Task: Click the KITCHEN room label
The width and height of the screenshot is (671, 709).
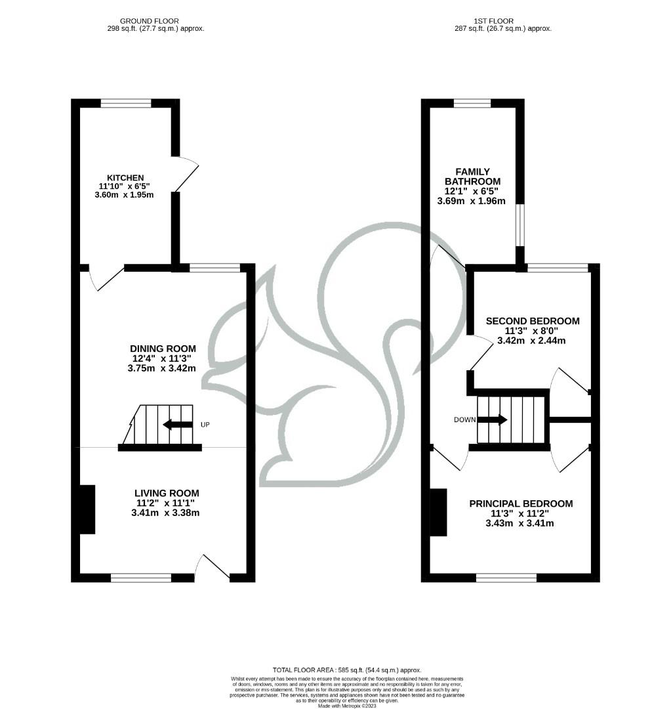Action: [x=125, y=178]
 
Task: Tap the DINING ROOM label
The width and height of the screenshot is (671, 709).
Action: [x=162, y=349]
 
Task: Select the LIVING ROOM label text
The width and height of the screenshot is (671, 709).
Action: [x=166, y=493]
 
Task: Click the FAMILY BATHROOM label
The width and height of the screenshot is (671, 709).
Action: [x=472, y=177]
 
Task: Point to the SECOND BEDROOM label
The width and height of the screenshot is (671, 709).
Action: [x=532, y=321]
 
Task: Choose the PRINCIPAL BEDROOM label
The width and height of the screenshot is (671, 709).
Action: [x=520, y=504]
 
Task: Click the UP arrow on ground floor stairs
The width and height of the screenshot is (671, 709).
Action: [x=177, y=425]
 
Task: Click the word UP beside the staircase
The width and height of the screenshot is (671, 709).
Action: [x=205, y=425]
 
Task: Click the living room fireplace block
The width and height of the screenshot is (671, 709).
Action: [x=87, y=509]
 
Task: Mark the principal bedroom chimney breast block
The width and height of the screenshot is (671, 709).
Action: [x=438, y=512]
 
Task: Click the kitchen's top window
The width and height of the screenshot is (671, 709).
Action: [x=125, y=103]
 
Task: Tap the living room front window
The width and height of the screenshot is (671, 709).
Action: [x=141, y=578]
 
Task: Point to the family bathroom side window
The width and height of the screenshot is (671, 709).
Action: [x=519, y=225]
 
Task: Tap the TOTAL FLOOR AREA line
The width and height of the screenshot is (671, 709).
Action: [x=347, y=669]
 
